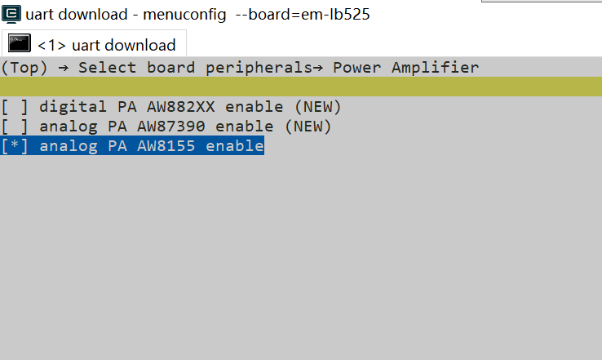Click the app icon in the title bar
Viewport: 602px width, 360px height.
(x=11, y=14)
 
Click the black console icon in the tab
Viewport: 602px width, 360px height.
(x=20, y=43)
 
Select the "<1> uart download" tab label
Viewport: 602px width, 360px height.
(x=106, y=46)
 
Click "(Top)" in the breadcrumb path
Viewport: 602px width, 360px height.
(x=24, y=68)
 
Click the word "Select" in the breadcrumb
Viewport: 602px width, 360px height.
(x=107, y=67)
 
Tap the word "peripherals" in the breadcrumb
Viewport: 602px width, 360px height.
(x=259, y=68)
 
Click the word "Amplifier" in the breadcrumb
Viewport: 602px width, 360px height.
(x=435, y=67)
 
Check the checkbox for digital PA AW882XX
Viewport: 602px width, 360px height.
(x=15, y=107)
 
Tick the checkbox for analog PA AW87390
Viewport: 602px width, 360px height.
(x=15, y=127)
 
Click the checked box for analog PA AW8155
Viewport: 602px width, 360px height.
(x=15, y=146)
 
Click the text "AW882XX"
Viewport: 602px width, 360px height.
(x=180, y=106)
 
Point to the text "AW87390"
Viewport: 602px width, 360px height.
(x=170, y=126)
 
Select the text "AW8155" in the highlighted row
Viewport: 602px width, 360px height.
(x=166, y=145)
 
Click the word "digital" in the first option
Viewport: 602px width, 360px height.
(x=73, y=106)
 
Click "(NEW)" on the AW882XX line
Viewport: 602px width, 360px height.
(x=317, y=107)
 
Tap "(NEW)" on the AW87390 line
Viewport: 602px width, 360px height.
(x=308, y=127)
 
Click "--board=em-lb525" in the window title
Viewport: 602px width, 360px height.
(x=303, y=15)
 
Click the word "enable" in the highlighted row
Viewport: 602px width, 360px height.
(x=235, y=145)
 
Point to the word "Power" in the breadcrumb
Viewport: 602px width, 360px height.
(x=356, y=67)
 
